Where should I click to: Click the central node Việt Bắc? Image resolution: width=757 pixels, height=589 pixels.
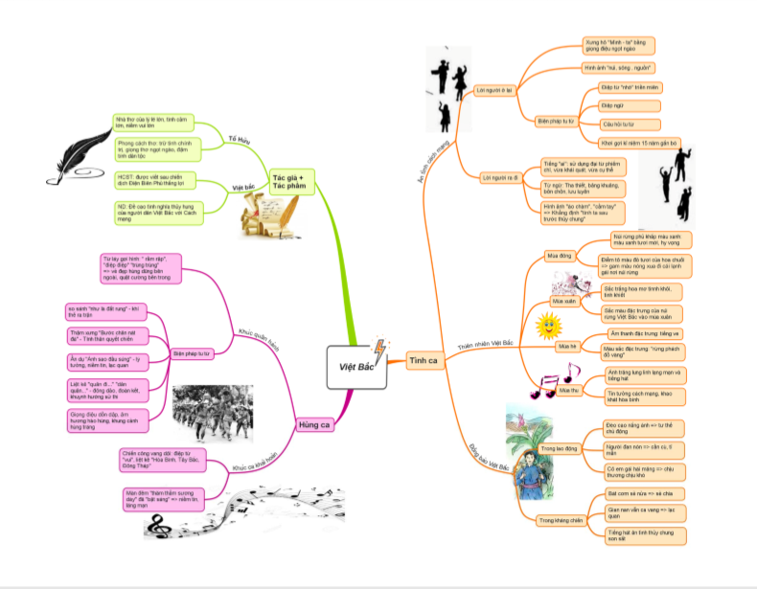[x=356, y=366]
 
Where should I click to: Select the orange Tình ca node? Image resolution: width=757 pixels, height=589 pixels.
[x=423, y=360]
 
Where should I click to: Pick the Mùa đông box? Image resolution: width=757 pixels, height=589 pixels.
[x=559, y=257]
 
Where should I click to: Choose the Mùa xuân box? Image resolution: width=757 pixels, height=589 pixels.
[x=562, y=301]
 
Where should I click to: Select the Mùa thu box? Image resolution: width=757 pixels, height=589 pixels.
[x=569, y=390]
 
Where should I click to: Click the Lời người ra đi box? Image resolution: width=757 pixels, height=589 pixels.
[x=498, y=178]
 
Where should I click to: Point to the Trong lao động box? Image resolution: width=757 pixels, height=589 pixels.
[x=559, y=448]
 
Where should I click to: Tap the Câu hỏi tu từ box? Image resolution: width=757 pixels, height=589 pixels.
[x=617, y=125]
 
